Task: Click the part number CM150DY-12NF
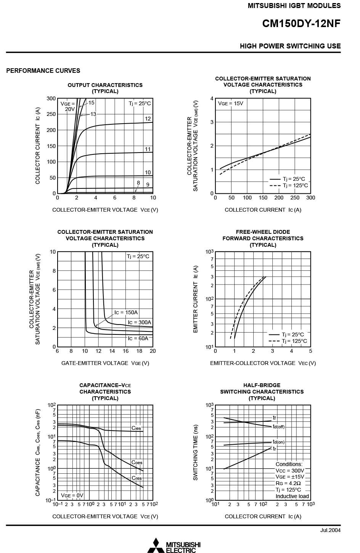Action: pyautogui.click(x=301, y=24)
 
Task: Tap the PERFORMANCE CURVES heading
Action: pyautogui.click(x=43, y=71)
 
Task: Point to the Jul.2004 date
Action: pyautogui.click(x=330, y=530)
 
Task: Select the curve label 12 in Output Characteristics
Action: pyautogui.click(x=148, y=119)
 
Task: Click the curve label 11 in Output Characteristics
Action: pyautogui.click(x=148, y=149)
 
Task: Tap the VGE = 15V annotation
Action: pyautogui.click(x=230, y=103)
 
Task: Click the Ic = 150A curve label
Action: pyautogui.click(x=126, y=312)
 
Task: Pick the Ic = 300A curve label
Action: pyautogui.click(x=139, y=322)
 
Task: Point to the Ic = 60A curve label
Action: pyautogui.click(x=138, y=338)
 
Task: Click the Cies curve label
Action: pyautogui.click(x=136, y=428)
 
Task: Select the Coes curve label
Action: pyautogui.click(x=137, y=462)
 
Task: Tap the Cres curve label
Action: pyautogui.click(x=137, y=478)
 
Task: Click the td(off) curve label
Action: pyautogui.click(x=278, y=426)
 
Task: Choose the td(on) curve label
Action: pyautogui.click(x=278, y=442)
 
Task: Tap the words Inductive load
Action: pyautogui.click(x=292, y=496)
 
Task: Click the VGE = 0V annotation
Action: pyautogui.click(x=72, y=495)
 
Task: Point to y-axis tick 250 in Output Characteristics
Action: pyautogui.click(x=51, y=114)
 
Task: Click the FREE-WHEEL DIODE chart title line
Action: pyautogui.click(x=263, y=232)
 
